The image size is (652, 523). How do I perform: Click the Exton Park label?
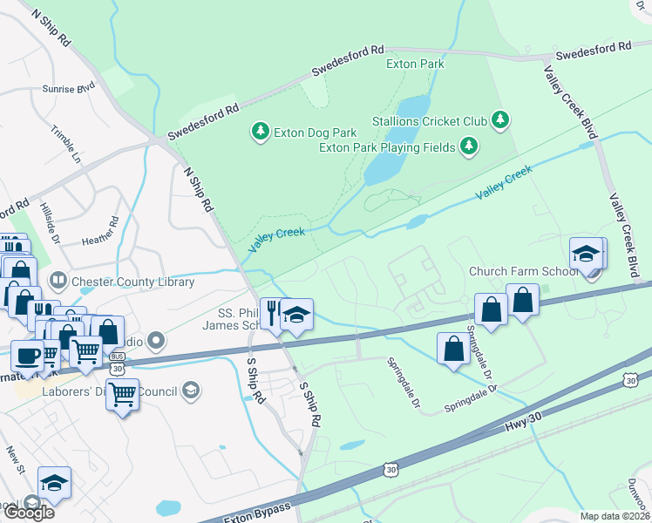point(416,64)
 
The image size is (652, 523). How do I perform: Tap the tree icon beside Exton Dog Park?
point(260,132)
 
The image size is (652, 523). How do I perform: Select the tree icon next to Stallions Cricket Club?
point(499,119)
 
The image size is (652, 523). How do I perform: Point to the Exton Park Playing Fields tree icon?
point(469,146)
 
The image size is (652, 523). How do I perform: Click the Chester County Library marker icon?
point(58,281)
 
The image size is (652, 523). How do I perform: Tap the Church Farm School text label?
point(523,271)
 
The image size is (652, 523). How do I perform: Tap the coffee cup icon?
point(27,356)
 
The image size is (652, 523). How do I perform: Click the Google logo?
point(28,512)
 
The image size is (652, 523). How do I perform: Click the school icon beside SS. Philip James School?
point(296,316)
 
